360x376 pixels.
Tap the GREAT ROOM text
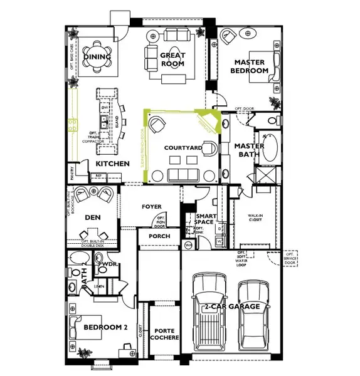pos(173,60)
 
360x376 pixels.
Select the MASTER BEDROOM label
pos(251,66)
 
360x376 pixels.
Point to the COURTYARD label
pos(183,148)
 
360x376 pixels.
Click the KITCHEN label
pos(112,164)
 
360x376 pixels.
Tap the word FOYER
pos(151,206)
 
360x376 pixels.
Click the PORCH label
pos(158,236)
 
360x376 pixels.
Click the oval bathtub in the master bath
pos(271,148)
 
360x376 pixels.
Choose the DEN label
pos(93,217)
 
